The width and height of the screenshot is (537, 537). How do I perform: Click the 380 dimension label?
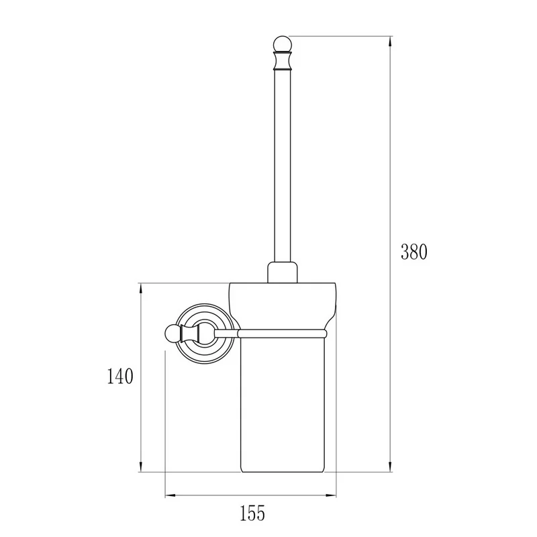(413, 252)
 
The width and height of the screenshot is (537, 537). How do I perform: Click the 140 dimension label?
(120, 376)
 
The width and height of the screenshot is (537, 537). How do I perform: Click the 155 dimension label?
(252, 513)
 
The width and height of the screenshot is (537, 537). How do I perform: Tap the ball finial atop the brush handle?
(282, 44)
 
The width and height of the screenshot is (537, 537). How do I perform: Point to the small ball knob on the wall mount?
(173, 333)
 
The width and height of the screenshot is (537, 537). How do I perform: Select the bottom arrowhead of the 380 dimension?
(390, 466)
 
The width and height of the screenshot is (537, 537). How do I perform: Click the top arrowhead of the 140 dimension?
(141, 290)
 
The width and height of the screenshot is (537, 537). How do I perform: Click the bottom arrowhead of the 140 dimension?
(141, 466)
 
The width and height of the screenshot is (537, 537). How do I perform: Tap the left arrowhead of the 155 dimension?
(171, 495)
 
